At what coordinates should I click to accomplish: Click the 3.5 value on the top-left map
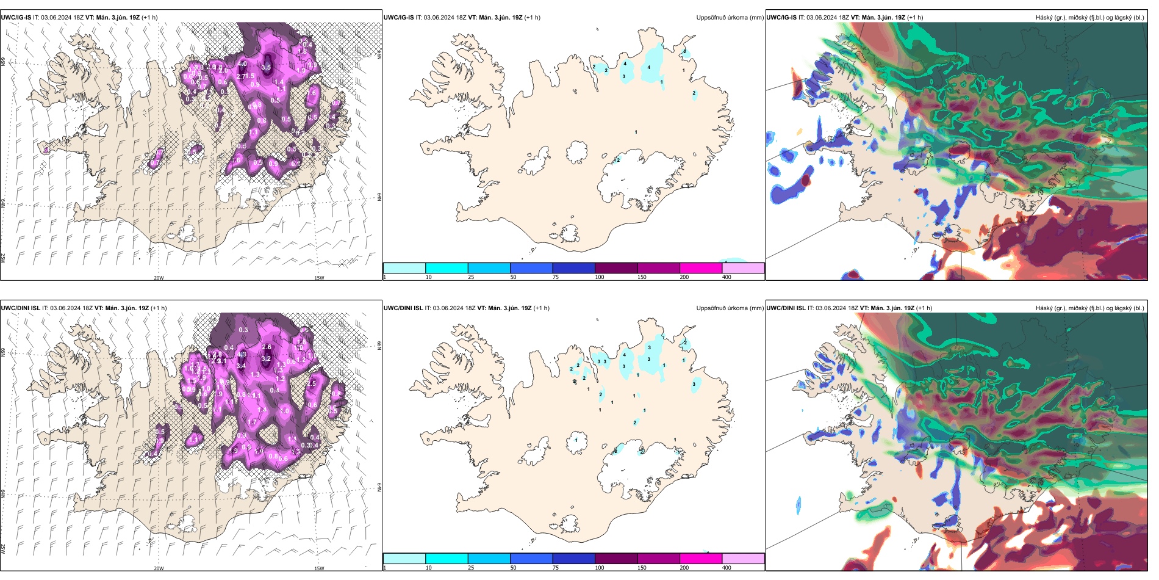pyautogui.click(x=266, y=67)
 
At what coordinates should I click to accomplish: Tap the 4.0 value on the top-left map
pyautogui.click(x=242, y=63)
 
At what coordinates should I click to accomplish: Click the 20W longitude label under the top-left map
pyautogui.click(x=159, y=278)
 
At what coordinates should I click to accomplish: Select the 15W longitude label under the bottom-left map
pyautogui.click(x=319, y=568)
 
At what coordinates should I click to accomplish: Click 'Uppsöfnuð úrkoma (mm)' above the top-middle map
pyautogui.click(x=730, y=18)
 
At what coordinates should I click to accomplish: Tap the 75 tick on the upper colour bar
pyautogui.click(x=556, y=277)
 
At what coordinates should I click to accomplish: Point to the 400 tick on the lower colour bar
pyautogui.click(x=727, y=568)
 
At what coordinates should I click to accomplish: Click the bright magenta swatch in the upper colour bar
pyautogui.click(x=701, y=268)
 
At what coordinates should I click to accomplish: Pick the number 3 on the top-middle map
pyautogui.click(x=623, y=76)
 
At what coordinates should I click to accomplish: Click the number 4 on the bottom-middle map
pyautogui.click(x=625, y=355)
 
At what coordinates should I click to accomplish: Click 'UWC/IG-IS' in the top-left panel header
pyautogui.click(x=16, y=18)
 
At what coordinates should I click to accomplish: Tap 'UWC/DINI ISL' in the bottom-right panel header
pyautogui.click(x=786, y=308)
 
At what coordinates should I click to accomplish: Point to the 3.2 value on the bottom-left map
pyautogui.click(x=266, y=358)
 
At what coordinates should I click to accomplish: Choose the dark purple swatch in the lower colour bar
pyautogui.click(x=616, y=559)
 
